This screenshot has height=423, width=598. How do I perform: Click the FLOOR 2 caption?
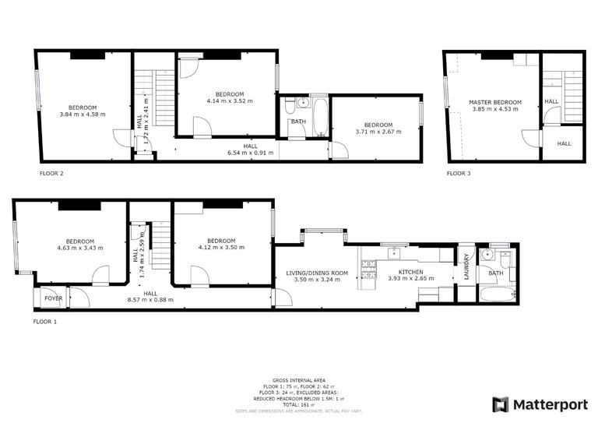51,174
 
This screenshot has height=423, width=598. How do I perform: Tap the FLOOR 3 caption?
459,174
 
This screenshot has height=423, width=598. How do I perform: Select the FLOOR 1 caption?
45,321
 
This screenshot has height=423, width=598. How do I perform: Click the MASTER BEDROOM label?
494,102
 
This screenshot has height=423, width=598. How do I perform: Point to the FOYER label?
53,298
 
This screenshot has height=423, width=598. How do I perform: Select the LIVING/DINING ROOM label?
317,272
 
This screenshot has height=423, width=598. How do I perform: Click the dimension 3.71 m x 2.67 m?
378,132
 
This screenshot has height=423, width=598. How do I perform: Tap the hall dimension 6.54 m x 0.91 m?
249,153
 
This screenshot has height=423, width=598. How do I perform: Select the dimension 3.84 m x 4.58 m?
82,115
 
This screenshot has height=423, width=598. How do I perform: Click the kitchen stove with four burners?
368,271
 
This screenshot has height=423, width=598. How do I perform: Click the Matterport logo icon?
501,404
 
